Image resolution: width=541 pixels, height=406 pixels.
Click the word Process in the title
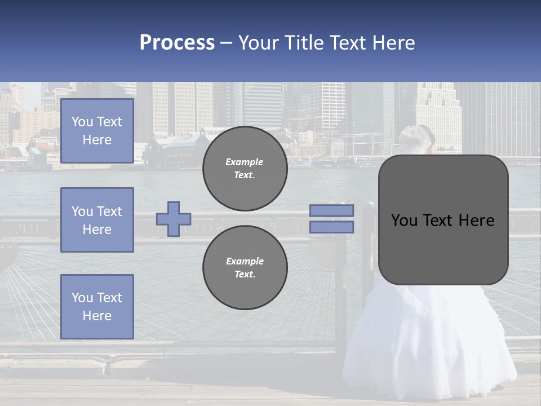tap(177, 43)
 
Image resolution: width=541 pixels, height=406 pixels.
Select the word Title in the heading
tap(304, 43)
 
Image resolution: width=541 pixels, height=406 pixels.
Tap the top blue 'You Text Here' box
tap(97, 131)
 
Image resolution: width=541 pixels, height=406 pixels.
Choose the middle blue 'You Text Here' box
tap(97, 220)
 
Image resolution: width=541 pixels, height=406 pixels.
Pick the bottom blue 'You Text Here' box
tap(97, 306)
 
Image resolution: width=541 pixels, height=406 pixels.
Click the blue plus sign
tap(174, 219)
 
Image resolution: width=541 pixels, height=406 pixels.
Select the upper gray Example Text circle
tap(245, 168)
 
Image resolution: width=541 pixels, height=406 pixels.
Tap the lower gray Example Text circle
tap(245, 267)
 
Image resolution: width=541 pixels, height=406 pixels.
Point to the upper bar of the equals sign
tap(331, 210)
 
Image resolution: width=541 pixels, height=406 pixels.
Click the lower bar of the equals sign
tap(331, 227)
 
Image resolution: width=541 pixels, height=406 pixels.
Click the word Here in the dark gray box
tap(476, 220)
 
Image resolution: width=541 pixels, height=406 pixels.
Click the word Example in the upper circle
tap(244, 162)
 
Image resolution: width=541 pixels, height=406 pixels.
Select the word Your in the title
tap(260, 43)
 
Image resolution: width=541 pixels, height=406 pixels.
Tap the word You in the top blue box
tap(82, 122)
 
